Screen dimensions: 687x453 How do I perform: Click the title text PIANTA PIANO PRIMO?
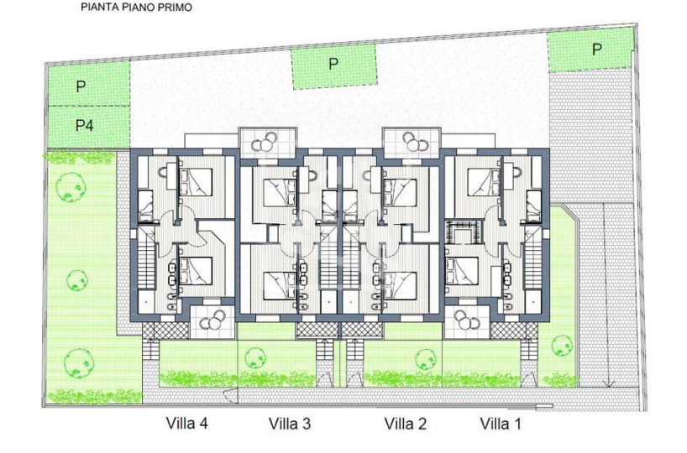(136, 8)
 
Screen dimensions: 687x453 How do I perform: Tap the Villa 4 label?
(186, 424)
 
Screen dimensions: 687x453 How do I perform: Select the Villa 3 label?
(290, 424)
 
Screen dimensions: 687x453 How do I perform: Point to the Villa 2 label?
(406, 424)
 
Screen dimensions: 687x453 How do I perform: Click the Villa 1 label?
(501, 424)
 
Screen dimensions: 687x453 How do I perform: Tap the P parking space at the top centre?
(334, 66)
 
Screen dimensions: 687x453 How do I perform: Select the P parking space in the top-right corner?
(590, 49)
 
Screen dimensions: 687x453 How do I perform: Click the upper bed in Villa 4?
(196, 182)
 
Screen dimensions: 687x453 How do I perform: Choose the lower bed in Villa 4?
(196, 271)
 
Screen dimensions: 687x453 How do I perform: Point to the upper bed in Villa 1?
(484, 182)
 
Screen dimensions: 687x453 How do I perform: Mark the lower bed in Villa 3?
(280, 285)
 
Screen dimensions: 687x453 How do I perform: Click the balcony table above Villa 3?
(265, 142)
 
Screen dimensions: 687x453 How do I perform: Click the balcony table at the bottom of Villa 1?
(467, 320)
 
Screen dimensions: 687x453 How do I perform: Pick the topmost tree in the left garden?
(71, 187)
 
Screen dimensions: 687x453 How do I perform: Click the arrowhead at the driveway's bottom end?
(608, 383)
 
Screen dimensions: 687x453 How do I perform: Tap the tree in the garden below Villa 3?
(255, 357)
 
